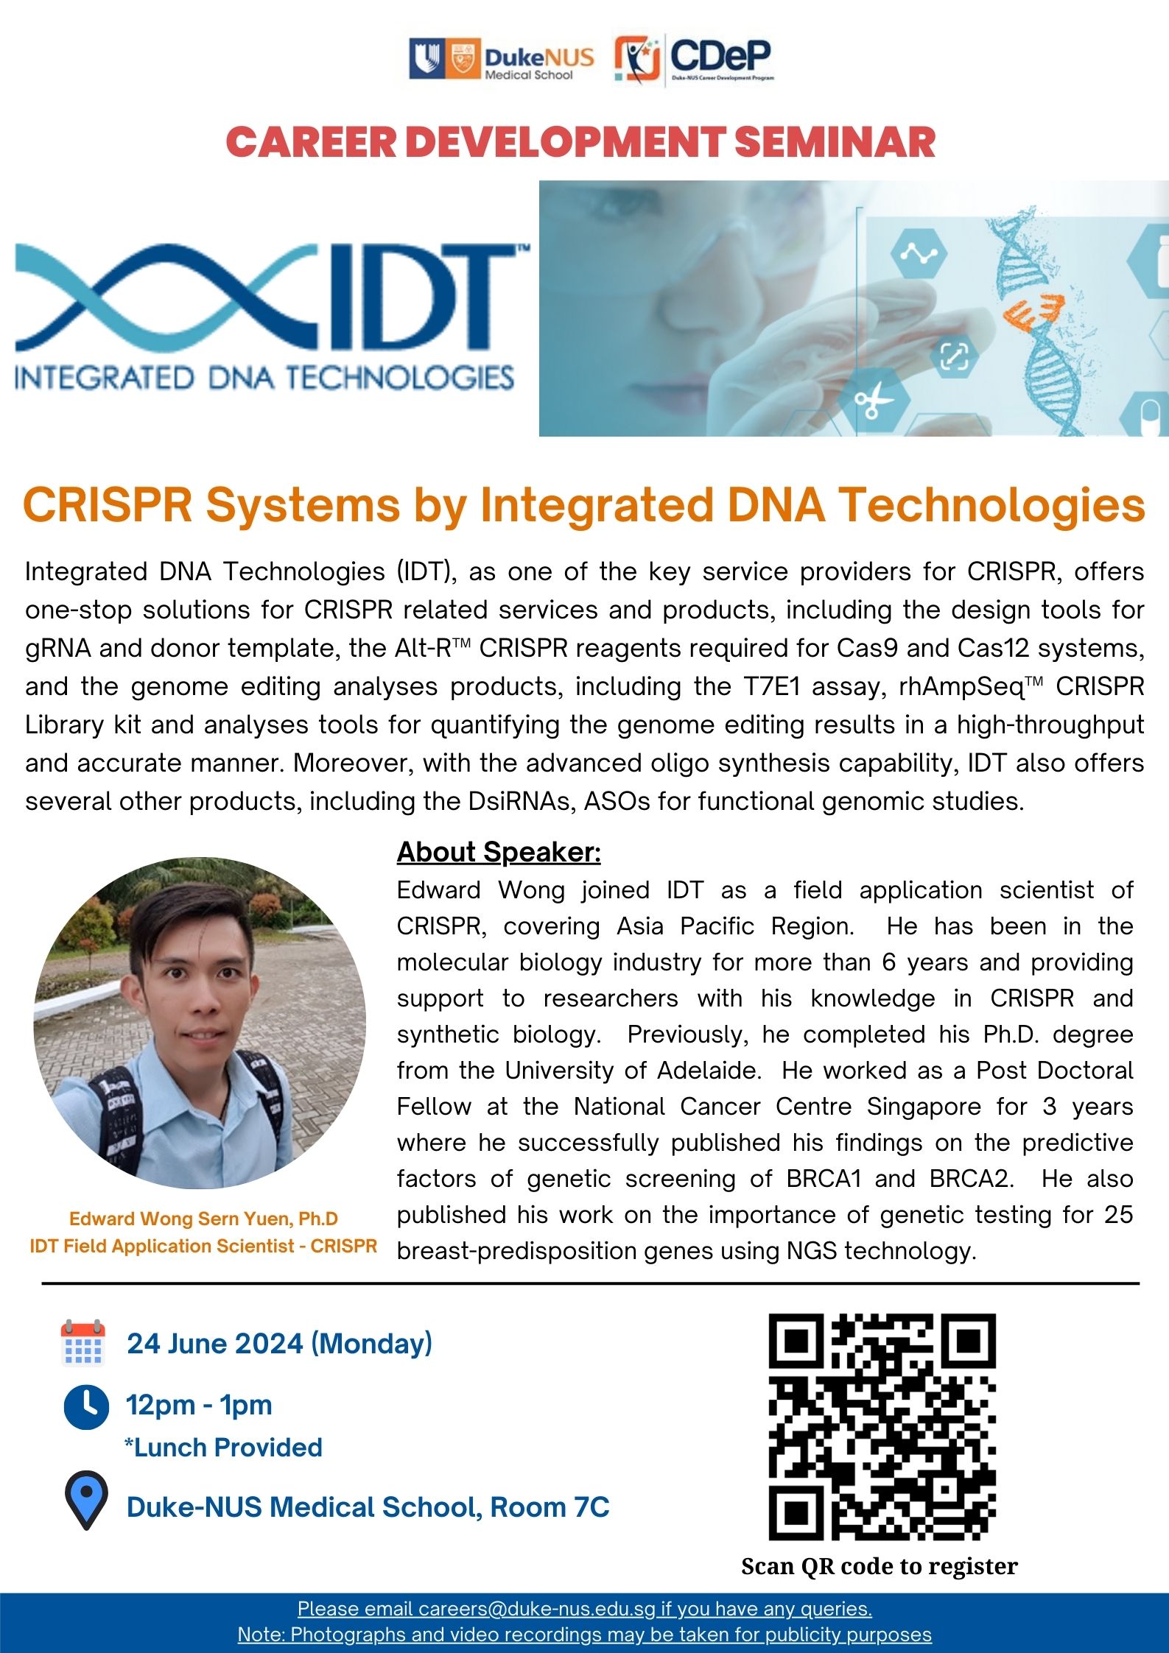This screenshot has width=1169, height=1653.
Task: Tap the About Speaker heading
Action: [x=499, y=852]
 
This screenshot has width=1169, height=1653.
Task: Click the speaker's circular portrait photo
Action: [x=200, y=1023]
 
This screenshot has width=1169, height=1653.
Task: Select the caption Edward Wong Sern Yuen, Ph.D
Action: [x=203, y=1219]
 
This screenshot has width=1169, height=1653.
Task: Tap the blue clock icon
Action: [x=86, y=1407]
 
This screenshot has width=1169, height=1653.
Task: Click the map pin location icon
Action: [x=86, y=1502]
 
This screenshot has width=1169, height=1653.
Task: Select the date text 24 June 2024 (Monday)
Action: [x=279, y=1344]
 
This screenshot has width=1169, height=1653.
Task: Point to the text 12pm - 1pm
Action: [x=199, y=1405]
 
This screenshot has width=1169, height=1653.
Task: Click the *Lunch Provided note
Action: [x=223, y=1448]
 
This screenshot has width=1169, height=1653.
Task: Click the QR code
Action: [x=882, y=1427]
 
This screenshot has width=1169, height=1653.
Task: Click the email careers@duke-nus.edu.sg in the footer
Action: [x=536, y=1609]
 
